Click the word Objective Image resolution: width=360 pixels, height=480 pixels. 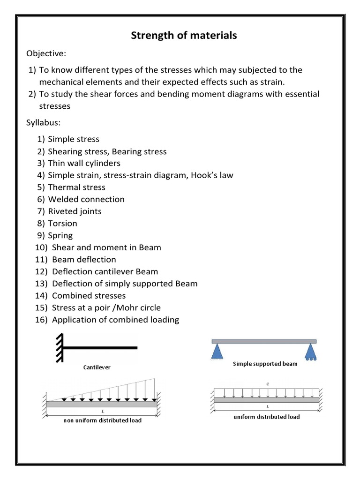(x=45, y=53)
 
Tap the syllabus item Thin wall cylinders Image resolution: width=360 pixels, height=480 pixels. (x=84, y=163)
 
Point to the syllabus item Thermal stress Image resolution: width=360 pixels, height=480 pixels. (x=76, y=187)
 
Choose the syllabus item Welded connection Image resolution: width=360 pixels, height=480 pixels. (x=86, y=199)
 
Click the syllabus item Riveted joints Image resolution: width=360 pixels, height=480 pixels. (x=75, y=211)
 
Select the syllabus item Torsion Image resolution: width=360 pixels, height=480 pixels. (x=62, y=224)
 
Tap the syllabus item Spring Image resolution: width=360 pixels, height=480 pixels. (x=60, y=235)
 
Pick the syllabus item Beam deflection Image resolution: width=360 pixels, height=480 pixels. (x=84, y=259)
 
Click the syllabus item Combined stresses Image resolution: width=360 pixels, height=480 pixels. (x=89, y=296)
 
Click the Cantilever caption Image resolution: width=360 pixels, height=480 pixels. (x=97, y=367)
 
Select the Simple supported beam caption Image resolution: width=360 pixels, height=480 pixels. (x=265, y=364)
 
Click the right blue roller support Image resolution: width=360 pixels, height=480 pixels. (x=311, y=352)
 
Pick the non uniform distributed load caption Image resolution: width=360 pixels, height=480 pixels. (x=102, y=420)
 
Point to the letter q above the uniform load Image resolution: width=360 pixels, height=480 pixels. (x=267, y=383)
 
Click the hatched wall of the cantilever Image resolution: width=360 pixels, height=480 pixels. (x=59, y=347)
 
